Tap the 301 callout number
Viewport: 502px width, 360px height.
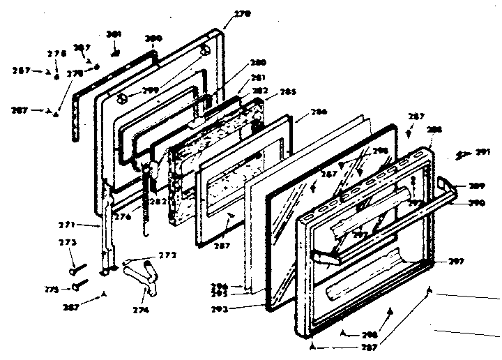[x=114, y=34]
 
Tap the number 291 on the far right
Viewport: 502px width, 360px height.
[x=482, y=151]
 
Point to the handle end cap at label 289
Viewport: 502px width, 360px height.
[x=446, y=184]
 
